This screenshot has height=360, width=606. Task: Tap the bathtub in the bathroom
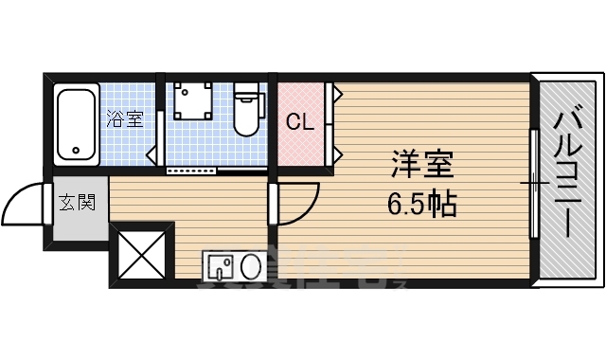click(76, 124)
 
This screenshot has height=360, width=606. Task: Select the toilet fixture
click(247, 112)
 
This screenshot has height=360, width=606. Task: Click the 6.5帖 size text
click(423, 203)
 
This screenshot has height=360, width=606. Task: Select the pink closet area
click(302, 123)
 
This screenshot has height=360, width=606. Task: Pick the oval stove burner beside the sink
click(253, 267)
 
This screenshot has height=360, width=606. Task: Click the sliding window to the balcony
click(534, 180)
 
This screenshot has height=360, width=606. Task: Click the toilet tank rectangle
click(247, 92)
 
